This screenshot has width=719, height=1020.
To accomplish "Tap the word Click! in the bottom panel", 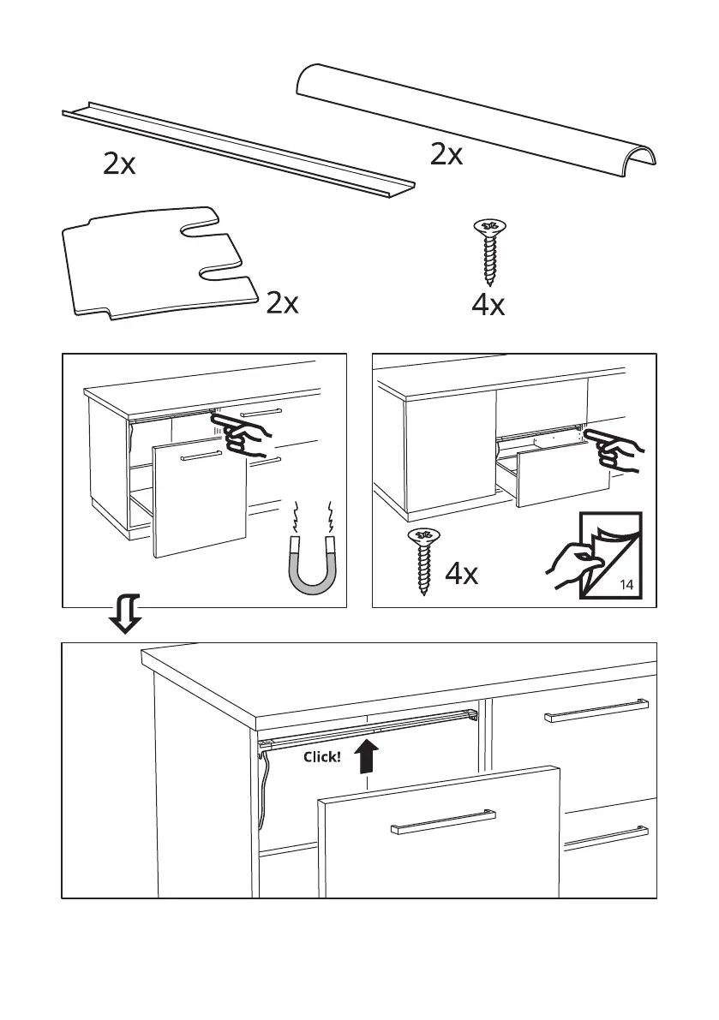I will [x=322, y=758].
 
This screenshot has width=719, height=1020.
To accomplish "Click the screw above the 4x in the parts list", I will [x=490, y=251].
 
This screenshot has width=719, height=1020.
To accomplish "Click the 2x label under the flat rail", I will [x=119, y=164].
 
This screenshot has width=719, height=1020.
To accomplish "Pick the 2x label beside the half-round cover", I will [x=446, y=155].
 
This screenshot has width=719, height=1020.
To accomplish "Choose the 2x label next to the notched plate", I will [x=282, y=303].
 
